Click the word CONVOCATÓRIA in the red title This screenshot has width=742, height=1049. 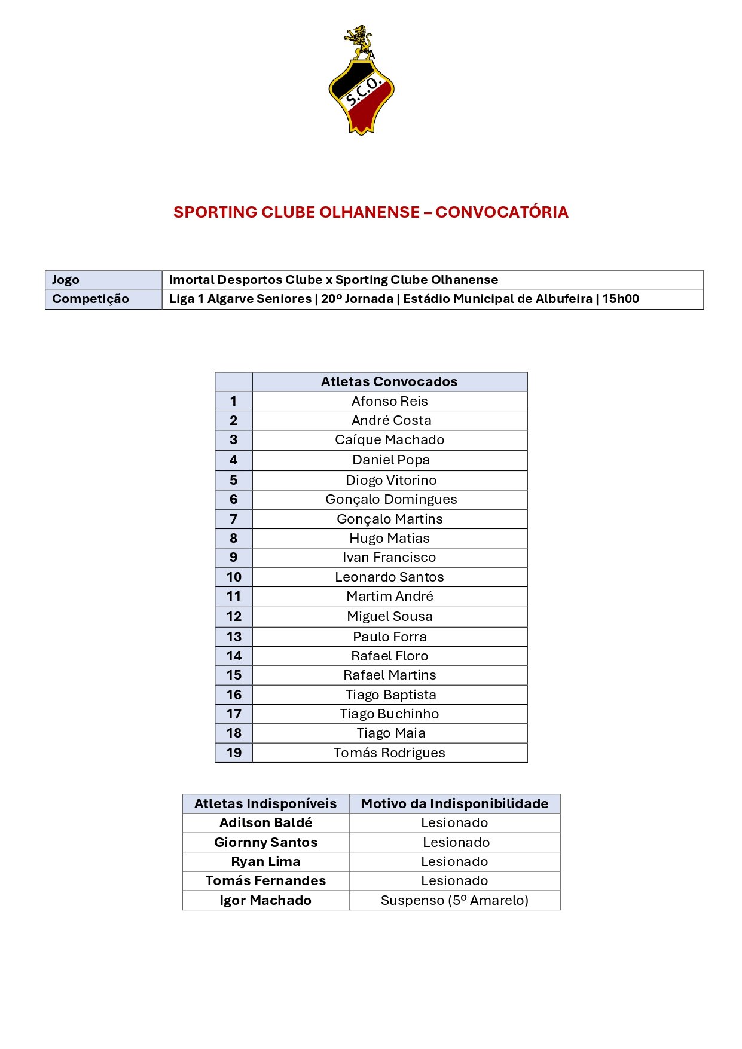502,212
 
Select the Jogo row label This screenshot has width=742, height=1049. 66,280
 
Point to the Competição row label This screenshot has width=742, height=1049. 90,299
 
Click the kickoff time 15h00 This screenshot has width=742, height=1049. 621,299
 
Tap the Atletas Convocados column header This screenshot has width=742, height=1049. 389,381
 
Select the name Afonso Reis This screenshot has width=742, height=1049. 389,401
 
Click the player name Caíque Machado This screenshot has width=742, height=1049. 389,440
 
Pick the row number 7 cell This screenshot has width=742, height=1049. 234,519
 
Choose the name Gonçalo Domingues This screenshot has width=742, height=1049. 391,500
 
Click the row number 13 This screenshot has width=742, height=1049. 234,637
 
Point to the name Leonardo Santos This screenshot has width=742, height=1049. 389,577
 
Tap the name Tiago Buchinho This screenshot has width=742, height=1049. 389,714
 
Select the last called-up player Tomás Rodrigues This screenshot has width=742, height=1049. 389,753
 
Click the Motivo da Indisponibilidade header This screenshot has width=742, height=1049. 454,803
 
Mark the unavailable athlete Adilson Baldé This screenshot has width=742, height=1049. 265,823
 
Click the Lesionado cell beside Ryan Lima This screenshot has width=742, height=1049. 454,861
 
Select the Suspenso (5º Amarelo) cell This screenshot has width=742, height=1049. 454,900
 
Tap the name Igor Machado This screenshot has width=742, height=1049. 265,900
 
